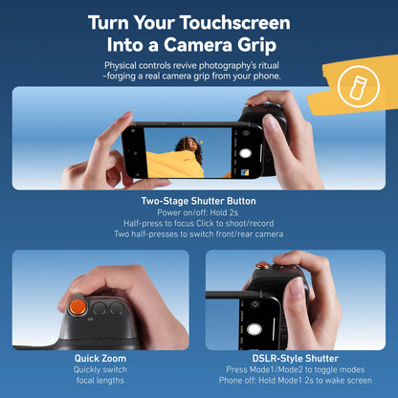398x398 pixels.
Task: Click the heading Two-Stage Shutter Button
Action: (x=199, y=202)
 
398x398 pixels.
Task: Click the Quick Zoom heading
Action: (x=101, y=358)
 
